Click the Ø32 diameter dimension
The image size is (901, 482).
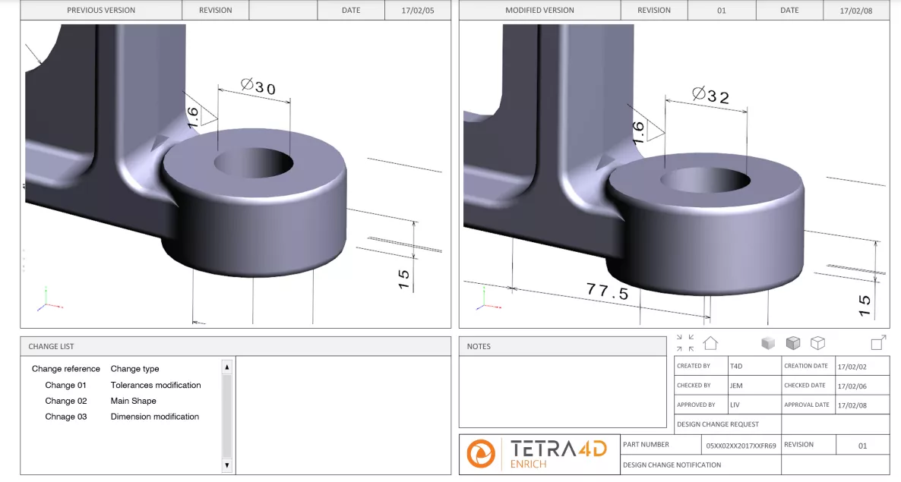[x=711, y=96]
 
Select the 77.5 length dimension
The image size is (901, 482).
[x=607, y=291]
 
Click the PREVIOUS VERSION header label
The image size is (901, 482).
[x=101, y=11]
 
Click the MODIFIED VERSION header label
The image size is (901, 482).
[x=539, y=11]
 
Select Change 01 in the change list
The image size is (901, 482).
[x=65, y=385]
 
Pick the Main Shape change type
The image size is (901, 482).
[x=133, y=401]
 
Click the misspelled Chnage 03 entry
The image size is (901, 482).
[x=65, y=417]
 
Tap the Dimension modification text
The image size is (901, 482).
[x=154, y=417]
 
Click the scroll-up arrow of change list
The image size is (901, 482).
[x=226, y=367]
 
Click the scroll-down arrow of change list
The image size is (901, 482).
[x=226, y=465]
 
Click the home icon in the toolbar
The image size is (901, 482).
[x=710, y=343]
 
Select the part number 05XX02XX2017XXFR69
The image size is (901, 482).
[x=741, y=446]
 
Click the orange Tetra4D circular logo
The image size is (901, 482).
[x=480, y=453]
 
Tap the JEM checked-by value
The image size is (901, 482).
[x=736, y=386]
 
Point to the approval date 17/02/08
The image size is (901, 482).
[x=852, y=405]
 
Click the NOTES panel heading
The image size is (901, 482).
[x=479, y=346]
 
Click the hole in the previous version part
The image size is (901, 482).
[x=253, y=162]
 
